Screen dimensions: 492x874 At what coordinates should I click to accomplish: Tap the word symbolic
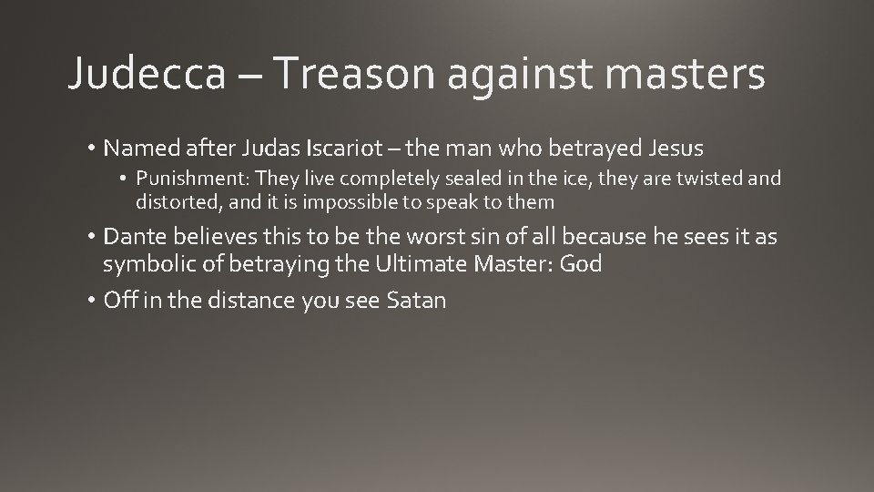tap(147, 264)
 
